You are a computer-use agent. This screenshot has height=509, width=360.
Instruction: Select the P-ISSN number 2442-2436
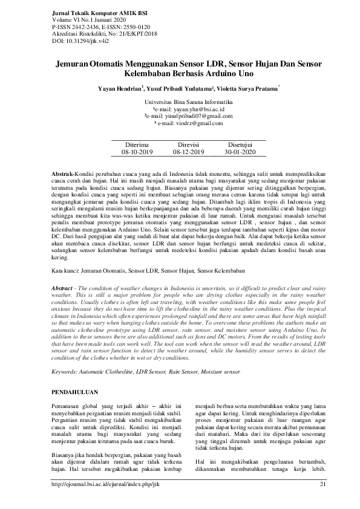pos(71,26)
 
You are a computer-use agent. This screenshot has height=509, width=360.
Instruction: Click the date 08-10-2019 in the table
pos(138,154)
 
